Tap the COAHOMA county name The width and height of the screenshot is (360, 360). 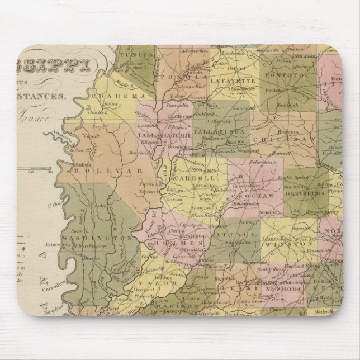tap(130, 96)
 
